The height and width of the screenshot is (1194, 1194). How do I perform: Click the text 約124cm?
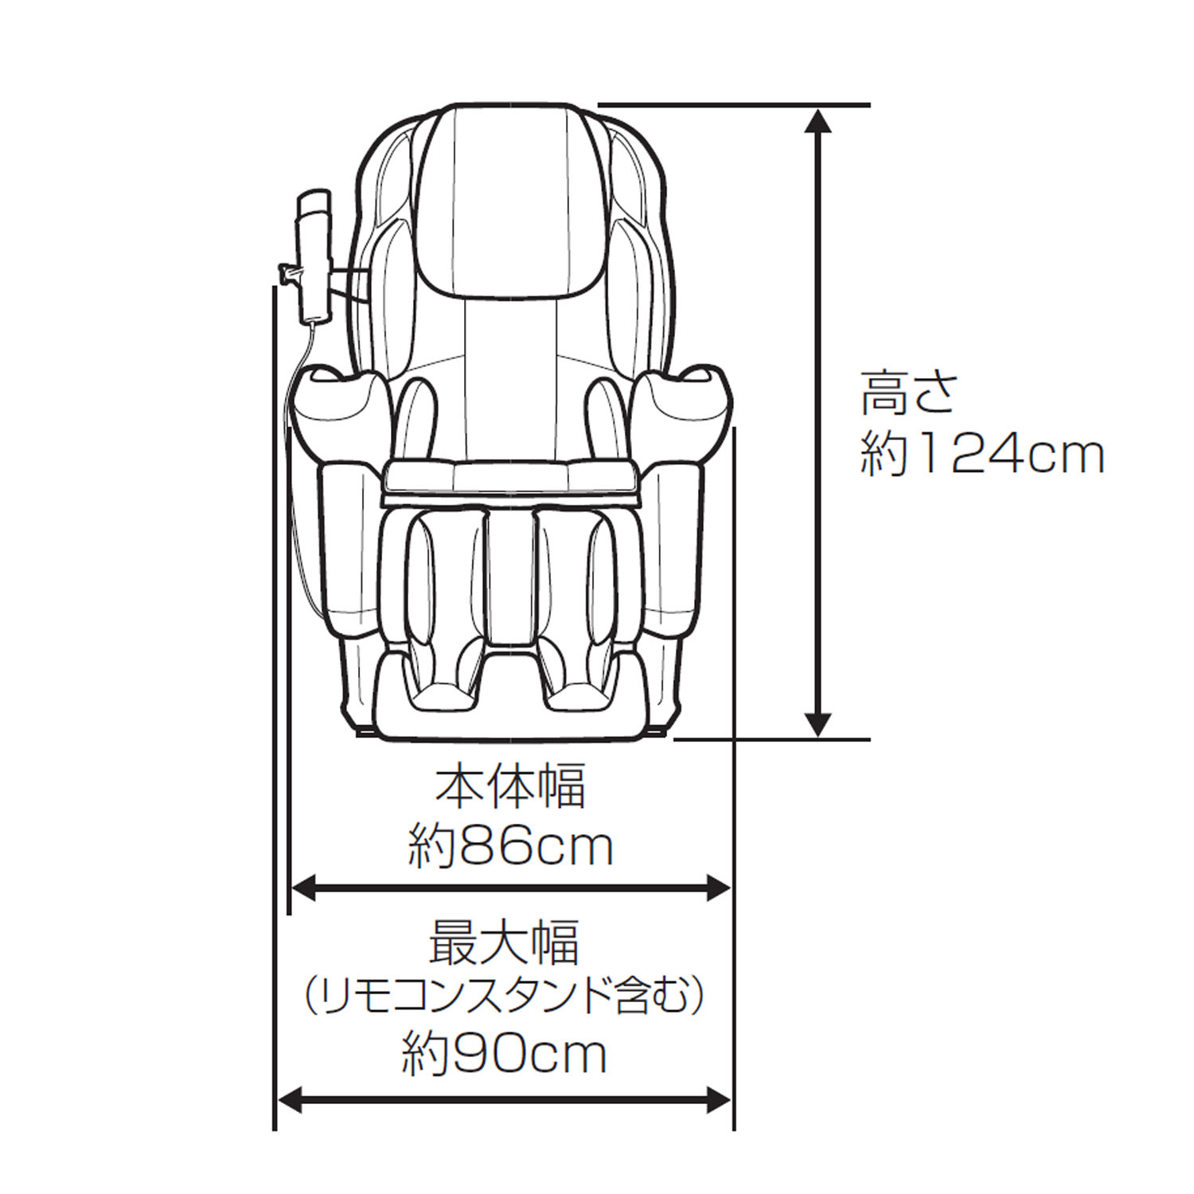pyautogui.click(x=981, y=455)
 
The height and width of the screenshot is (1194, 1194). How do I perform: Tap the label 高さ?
pyautogui.click(x=907, y=392)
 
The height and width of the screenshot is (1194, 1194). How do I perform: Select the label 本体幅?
pyautogui.click(x=510, y=786)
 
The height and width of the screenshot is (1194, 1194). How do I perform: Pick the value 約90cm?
pyautogui.click(x=504, y=1054)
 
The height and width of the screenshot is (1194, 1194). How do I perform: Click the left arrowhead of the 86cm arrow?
pyautogui.click(x=306, y=888)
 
